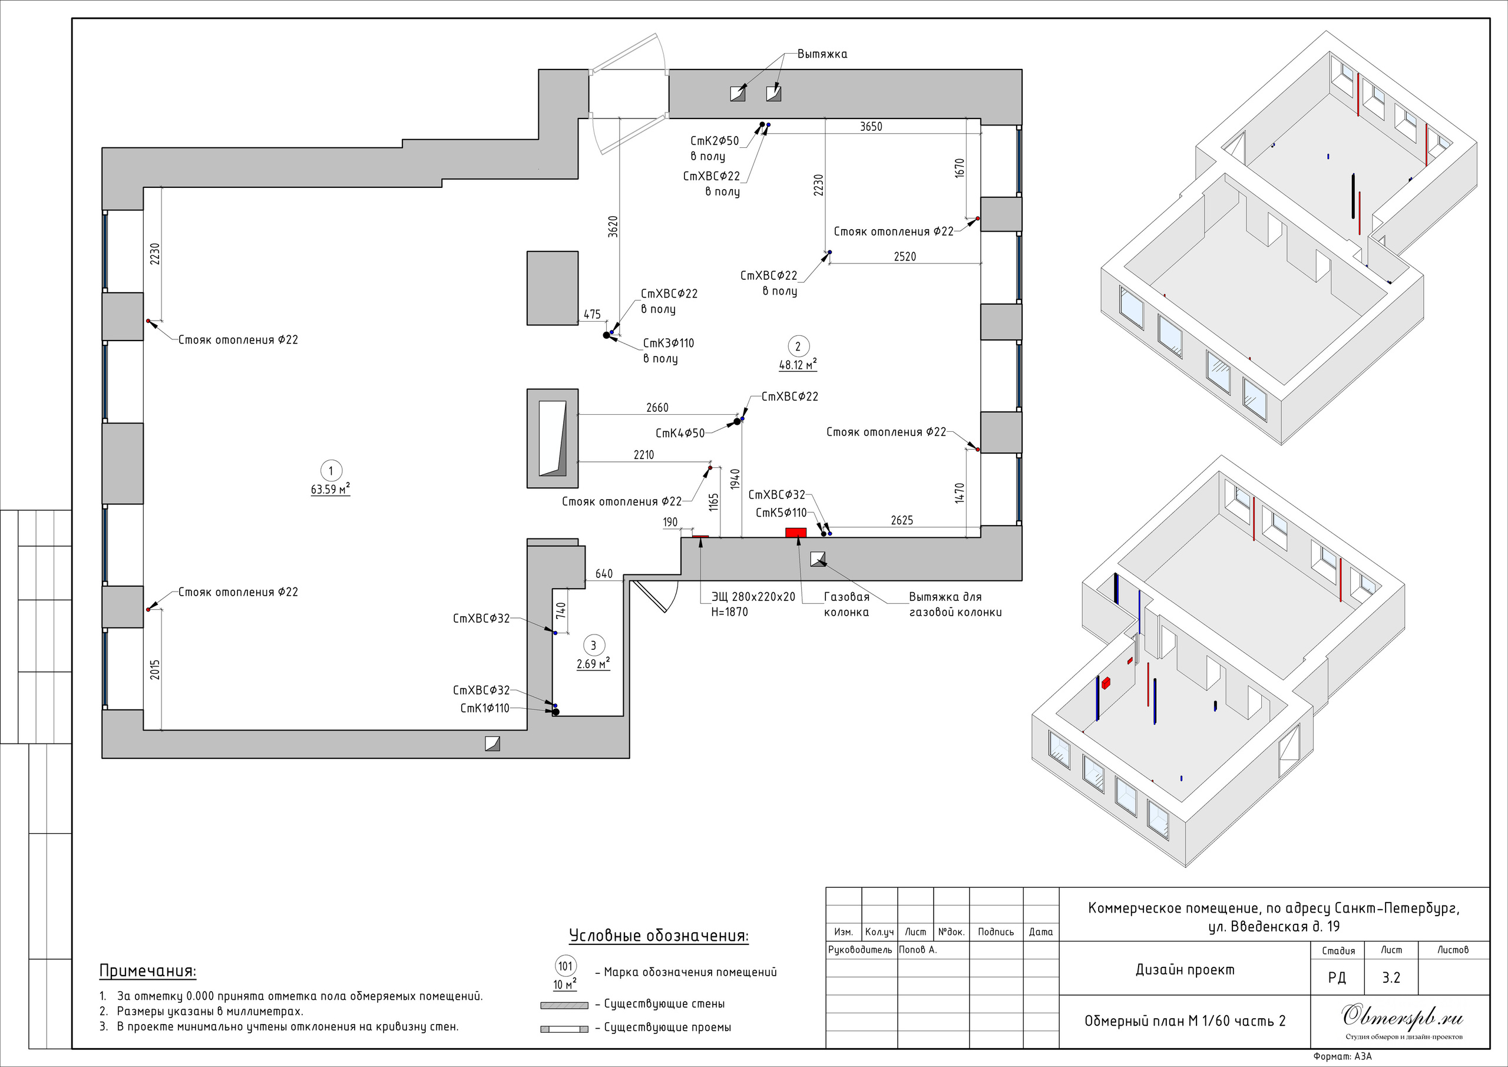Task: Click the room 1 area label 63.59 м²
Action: point(330,489)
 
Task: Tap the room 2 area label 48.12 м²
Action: point(798,364)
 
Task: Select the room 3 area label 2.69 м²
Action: point(593,663)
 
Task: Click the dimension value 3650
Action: point(871,127)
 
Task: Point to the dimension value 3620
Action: point(613,227)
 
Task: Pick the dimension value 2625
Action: point(902,520)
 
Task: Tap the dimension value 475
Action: point(592,314)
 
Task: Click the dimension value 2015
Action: point(155,669)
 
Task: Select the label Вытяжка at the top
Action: point(822,54)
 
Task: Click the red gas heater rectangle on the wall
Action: point(796,532)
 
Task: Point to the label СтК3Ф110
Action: point(669,343)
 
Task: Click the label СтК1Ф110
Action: point(485,708)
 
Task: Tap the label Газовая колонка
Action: point(846,604)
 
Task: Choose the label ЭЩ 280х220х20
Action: point(753,597)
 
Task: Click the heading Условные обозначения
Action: point(659,936)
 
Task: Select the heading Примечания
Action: point(148,970)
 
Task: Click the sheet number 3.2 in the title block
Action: point(1391,977)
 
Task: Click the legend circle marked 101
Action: point(565,966)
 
